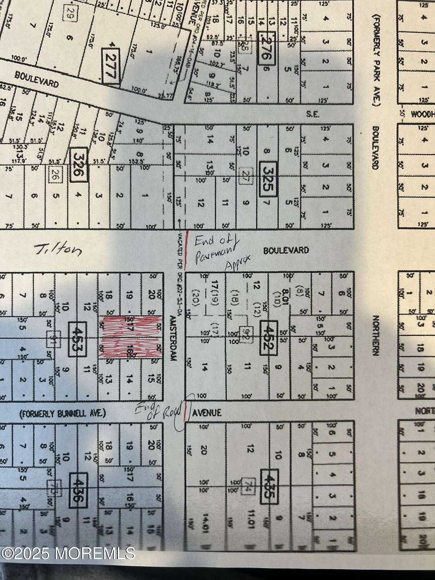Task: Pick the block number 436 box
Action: click(x=76, y=490)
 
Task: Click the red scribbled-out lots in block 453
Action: click(x=131, y=337)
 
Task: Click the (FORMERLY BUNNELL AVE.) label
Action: click(x=62, y=413)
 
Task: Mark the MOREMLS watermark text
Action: click(x=68, y=552)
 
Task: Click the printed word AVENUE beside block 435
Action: click(x=207, y=412)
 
